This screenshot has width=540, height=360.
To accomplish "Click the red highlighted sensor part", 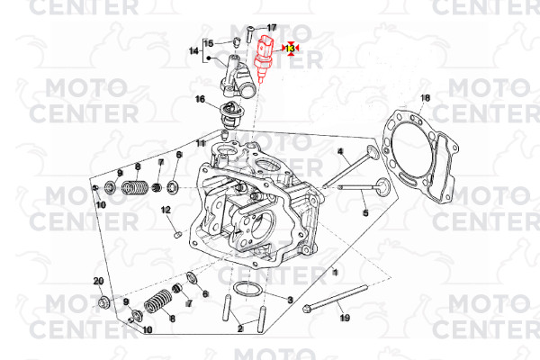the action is click(265, 57).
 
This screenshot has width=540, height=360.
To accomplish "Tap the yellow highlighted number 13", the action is click(291, 48).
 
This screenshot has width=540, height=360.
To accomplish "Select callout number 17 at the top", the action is click(272, 28).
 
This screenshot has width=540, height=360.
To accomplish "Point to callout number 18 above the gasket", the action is click(426, 98).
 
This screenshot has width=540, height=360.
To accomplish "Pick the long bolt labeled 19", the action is click(335, 297).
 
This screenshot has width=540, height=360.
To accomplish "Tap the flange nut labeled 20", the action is click(103, 302).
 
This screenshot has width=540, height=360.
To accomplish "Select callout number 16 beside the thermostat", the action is click(200, 99).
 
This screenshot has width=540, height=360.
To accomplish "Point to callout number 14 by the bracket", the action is click(193, 51).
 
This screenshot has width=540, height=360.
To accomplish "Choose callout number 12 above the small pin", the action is click(166, 210).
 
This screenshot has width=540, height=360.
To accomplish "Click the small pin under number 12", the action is click(177, 235).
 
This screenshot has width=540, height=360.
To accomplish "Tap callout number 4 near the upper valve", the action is click(340, 151).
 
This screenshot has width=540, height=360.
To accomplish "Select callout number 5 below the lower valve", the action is click(365, 213).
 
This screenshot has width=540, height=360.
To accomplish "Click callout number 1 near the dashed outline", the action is click(335, 273).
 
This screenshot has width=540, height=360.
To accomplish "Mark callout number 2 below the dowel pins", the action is click(240, 328).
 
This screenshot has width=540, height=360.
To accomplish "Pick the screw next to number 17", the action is click(249, 35).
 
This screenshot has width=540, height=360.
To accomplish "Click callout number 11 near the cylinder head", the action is click(201, 143).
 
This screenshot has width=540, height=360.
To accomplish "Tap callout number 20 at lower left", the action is click(98, 282).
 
